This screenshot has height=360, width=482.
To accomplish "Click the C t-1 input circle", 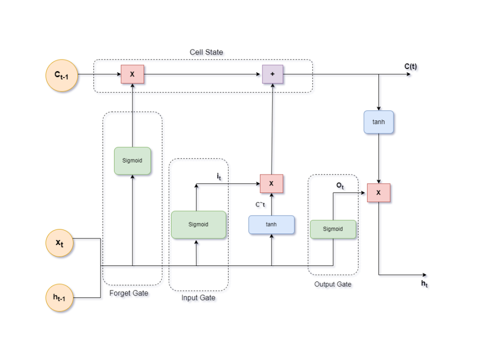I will [62, 75].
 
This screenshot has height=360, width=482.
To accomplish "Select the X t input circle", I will [59, 243].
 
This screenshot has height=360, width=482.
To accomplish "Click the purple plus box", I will [272, 74].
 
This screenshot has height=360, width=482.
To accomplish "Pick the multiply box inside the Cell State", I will [132, 74].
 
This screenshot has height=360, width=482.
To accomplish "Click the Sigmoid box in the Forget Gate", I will [132, 161].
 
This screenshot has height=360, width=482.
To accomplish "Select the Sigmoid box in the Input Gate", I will [198, 224].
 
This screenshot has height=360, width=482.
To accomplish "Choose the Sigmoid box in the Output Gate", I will [333, 229].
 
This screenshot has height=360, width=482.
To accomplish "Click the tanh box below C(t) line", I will [378, 122].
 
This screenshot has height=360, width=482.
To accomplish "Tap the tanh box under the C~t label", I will [271, 224].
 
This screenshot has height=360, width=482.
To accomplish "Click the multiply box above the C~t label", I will [271, 183].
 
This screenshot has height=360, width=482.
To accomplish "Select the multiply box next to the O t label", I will [378, 192].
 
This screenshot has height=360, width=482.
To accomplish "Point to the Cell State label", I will [206, 52].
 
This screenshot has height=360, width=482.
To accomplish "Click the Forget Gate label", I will [129, 293].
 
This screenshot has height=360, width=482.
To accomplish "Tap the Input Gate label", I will [198, 298].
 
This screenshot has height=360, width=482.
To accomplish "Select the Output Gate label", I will [332, 284].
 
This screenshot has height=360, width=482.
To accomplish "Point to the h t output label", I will [424, 284].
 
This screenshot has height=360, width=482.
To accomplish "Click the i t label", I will [219, 176].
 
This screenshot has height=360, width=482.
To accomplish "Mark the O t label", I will [340, 185].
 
